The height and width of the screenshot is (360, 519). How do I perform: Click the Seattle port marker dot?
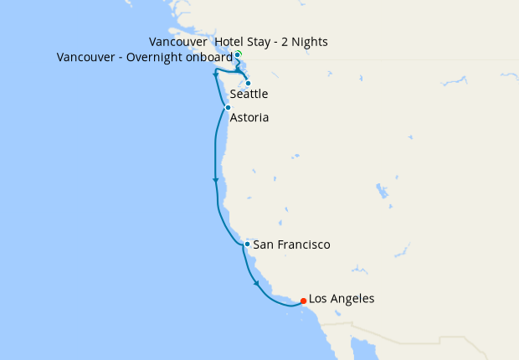click(x=248, y=83)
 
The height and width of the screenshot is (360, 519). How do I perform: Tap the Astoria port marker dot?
click(x=228, y=107)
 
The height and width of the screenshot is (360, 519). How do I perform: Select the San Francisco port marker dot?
click(x=247, y=244)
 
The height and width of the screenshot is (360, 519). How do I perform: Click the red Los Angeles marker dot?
click(x=302, y=301)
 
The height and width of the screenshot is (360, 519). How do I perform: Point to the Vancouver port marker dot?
click(x=238, y=55)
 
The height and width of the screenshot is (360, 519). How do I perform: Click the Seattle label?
click(x=249, y=95)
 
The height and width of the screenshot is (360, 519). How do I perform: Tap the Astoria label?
click(x=249, y=118)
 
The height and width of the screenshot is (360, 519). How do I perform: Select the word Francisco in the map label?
click(x=302, y=244)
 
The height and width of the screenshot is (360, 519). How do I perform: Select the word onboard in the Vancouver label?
click(x=208, y=57)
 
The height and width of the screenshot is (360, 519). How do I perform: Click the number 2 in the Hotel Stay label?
click(x=284, y=42)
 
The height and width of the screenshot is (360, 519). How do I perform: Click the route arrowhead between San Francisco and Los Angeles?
click(x=256, y=284)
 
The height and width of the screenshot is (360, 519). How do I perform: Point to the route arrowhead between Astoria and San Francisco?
click(x=216, y=180)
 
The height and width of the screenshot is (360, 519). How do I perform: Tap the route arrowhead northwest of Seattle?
click(x=216, y=75)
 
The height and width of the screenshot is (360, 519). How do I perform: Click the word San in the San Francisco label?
click(x=263, y=244)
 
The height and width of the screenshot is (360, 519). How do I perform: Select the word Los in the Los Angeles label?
click(x=319, y=298)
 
